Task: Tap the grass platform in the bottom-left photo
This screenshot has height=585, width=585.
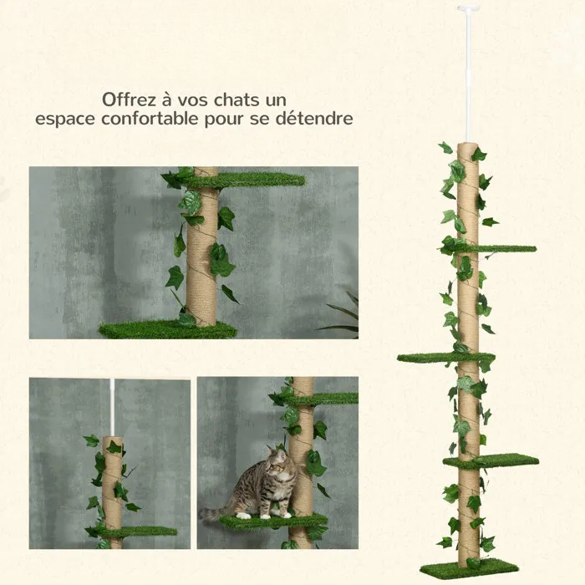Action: [x=138, y=532]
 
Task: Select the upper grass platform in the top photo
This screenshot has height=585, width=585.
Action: [x=251, y=180]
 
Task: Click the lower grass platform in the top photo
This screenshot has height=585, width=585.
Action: [x=167, y=329]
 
